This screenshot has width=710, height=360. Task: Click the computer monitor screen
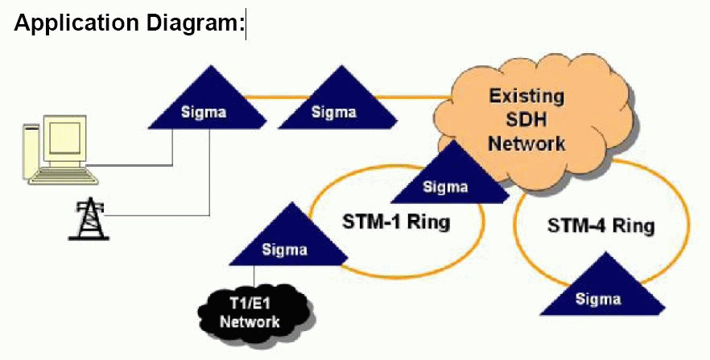(x=64, y=137)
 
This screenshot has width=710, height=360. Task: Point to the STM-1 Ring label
(x=396, y=222)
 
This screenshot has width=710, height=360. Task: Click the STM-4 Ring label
(x=601, y=225)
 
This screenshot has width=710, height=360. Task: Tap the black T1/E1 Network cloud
(x=256, y=312)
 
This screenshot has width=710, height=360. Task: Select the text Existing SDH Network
(x=527, y=120)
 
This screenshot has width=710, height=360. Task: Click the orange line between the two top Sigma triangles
(x=277, y=97)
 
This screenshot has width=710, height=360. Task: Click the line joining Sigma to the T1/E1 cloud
(x=254, y=276)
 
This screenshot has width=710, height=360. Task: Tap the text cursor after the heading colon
(x=246, y=24)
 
